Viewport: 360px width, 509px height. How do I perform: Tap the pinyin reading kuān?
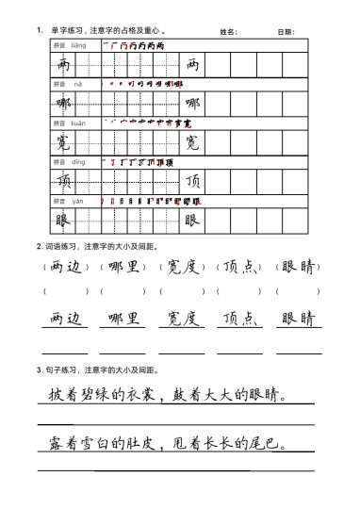coord(78,123)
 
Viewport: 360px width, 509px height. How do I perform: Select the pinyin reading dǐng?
coord(78,161)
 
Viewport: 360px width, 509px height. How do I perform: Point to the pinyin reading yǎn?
coord(78,201)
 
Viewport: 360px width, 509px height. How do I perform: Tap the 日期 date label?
coord(286,32)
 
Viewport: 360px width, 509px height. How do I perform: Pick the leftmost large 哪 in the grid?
coord(63,103)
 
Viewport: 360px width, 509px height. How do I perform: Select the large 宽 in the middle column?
coord(191,142)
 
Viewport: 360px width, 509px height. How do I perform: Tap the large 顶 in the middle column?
coord(191,181)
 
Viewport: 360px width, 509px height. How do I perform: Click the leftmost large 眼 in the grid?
coord(63,221)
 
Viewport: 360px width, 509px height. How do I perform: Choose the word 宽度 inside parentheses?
coord(181,267)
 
